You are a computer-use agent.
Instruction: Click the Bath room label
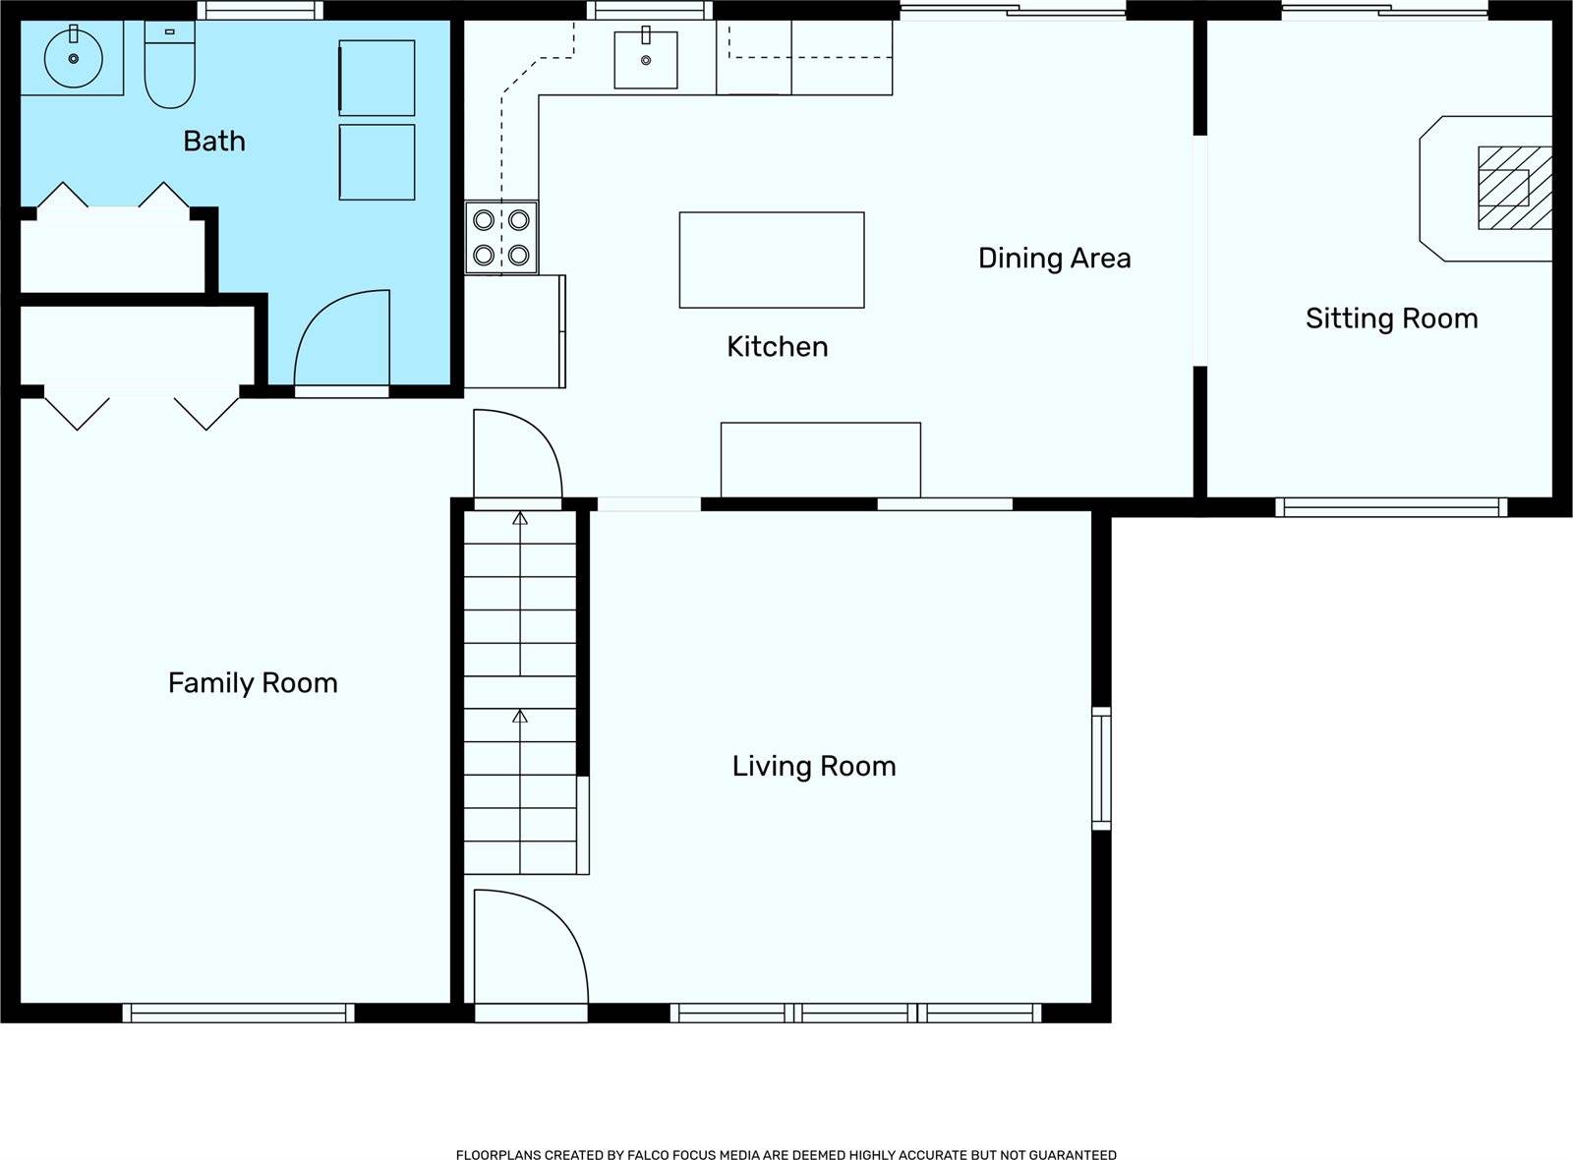[214, 142]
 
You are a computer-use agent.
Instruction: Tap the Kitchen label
[778, 347]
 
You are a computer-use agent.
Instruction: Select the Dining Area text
[1054, 259]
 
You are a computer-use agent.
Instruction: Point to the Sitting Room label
[1392, 319]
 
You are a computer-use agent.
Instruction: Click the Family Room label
[253, 683]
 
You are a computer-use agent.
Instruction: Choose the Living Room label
[814, 766]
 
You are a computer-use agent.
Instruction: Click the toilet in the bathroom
[169, 65]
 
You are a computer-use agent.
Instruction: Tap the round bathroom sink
[74, 58]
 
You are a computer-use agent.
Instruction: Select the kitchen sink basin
[646, 60]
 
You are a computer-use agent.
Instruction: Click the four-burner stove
[501, 238]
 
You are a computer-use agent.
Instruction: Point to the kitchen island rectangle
[772, 260]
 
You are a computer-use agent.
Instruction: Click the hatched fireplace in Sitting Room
[1515, 188]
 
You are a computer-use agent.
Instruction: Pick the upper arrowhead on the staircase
[520, 519]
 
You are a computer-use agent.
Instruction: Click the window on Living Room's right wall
[1101, 768]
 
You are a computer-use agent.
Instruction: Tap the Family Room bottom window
[239, 1013]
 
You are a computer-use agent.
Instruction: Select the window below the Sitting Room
[1391, 507]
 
